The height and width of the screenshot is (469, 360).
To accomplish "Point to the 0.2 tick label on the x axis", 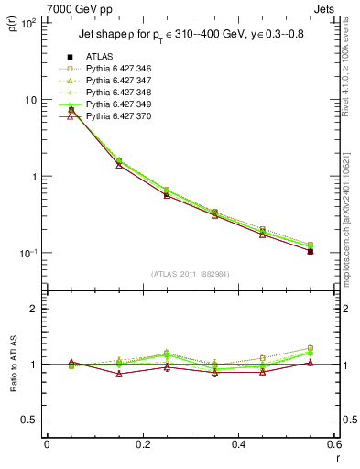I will (x=142, y=444).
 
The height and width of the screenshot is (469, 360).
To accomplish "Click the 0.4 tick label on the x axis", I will (x=238, y=444).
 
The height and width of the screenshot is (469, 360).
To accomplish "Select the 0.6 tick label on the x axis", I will (x=333, y=444).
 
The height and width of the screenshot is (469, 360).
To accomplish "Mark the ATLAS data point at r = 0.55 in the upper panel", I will (x=311, y=251).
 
